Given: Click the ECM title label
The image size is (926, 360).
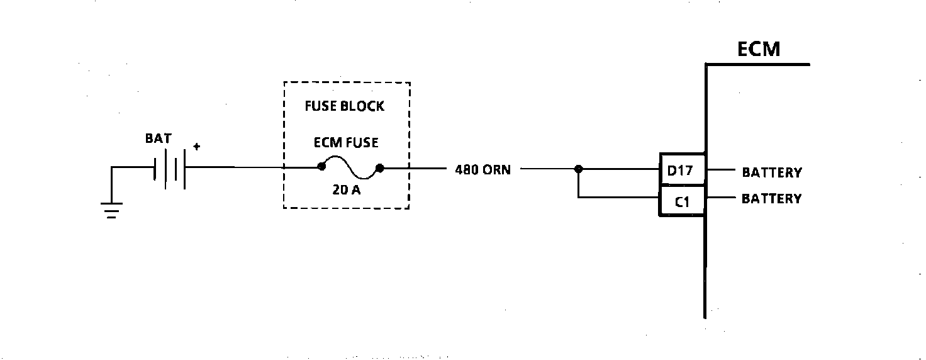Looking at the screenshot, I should (x=759, y=48).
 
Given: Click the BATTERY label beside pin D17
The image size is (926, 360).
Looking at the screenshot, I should (x=772, y=172).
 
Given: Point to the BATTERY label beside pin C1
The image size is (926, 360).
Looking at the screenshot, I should (x=772, y=199).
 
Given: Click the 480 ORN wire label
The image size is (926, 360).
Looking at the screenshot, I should (x=483, y=170).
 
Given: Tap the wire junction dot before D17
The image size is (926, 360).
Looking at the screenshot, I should (x=578, y=169).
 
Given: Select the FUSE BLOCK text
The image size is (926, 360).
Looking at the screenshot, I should (x=344, y=106).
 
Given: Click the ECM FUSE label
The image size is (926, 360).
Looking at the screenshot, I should (x=346, y=143).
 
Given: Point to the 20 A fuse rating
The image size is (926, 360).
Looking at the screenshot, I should (x=347, y=188).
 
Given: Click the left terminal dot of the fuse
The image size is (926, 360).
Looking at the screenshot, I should (x=321, y=167).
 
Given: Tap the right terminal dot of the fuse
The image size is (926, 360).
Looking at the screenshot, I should (x=379, y=168).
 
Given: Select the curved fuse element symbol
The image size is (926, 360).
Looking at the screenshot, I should (x=350, y=167).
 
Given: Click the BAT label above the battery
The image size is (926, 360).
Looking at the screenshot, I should (x=158, y=139).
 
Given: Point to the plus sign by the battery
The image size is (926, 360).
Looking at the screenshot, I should (x=197, y=147).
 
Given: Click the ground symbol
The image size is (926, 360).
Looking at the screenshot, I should (x=111, y=209).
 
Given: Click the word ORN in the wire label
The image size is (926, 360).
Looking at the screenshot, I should (x=496, y=170).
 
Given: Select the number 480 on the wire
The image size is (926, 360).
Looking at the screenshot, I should (x=467, y=170).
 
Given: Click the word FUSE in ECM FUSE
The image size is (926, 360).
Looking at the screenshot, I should (x=362, y=143).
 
